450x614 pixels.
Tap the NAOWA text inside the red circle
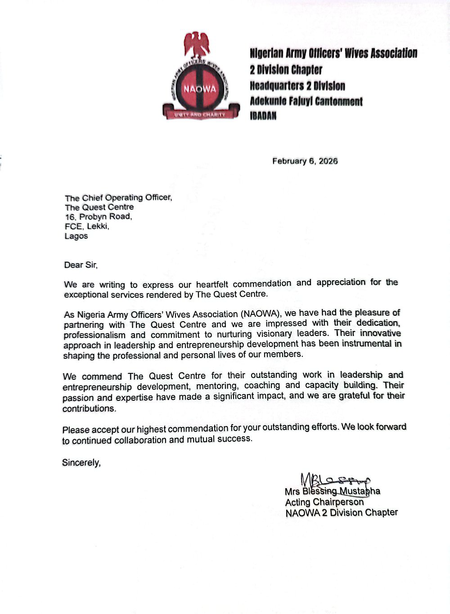[199, 89]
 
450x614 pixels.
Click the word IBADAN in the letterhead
[263, 116]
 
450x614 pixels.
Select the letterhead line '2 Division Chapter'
[286, 70]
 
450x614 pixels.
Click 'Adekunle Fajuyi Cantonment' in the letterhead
[306, 101]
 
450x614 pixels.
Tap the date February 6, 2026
[305, 161]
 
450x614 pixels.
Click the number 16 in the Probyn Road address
[70, 217]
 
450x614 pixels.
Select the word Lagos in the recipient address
[76, 236]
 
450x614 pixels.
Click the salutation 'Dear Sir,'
[81, 265]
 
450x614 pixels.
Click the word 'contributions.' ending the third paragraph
[90, 409]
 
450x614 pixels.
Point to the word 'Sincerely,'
[81, 462]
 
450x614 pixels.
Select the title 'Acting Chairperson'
[324, 502]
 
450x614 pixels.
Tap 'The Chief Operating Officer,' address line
[118, 197]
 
